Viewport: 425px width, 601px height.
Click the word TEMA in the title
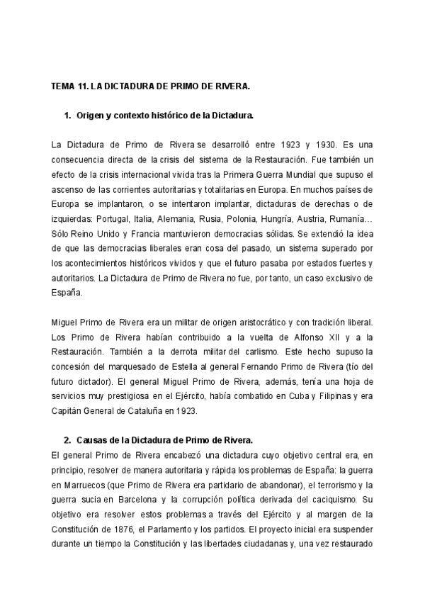coord(63,87)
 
